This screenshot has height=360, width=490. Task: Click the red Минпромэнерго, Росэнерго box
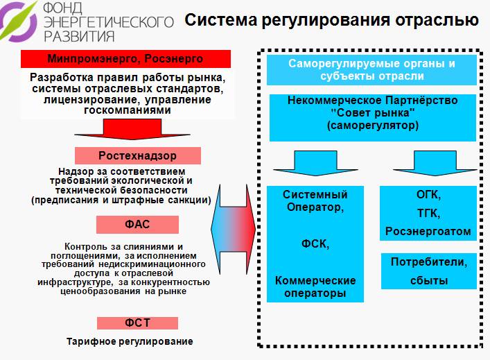pos(125,59)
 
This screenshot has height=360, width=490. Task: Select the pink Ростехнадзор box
pos(138,156)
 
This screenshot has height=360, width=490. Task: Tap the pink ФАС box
pos(137,225)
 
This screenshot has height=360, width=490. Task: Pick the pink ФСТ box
pos(137,323)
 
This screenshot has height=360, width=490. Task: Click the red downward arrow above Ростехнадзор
pos(132,129)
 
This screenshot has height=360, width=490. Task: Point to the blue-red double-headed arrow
pos(233,230)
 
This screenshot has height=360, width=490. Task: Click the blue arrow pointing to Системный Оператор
pos(315,163)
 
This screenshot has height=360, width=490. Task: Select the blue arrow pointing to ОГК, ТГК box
pos(435,163)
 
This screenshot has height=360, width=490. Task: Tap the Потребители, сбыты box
pos(429,271)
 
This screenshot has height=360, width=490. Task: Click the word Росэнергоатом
pos(428,232)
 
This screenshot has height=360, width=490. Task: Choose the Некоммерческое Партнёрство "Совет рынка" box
pos(373,118)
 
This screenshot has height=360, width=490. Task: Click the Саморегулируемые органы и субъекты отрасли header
pos(371,70)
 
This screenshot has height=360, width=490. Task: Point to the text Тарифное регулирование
pos(130,341)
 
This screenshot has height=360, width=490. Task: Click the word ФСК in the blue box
pos(315,244)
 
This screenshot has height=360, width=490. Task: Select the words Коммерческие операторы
pos(315,286)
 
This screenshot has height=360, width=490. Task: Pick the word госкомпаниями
pos(128,110)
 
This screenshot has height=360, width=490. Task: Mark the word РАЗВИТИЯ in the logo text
pos(80,36)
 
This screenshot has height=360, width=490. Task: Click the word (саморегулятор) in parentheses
pos(373,126)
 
